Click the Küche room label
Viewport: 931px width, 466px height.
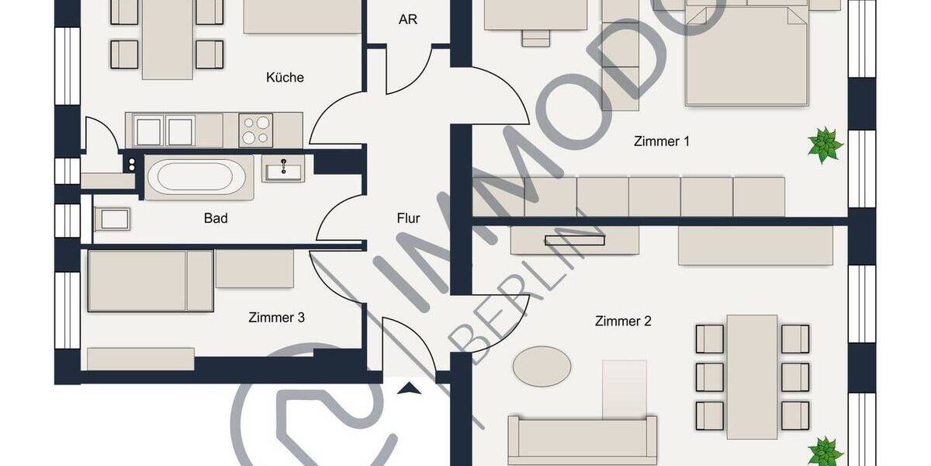click(285, 78)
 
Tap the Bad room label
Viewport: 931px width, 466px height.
click(216, 218)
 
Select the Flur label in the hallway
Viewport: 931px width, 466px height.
click(408, 218)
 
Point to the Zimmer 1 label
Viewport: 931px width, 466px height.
click(662, 141)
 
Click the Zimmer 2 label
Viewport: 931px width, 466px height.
click(623, 321)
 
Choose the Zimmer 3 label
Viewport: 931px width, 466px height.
click(276, 317)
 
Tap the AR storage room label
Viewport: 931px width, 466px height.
click(408, 19)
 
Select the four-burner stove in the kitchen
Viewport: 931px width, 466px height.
click(256, 130)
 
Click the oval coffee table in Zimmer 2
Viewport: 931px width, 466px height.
click(542, 366)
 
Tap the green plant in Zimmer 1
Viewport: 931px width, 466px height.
click(825, 145)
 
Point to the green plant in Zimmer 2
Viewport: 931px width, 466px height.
click(825, 451)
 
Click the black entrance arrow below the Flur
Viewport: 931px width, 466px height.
click(409, 388)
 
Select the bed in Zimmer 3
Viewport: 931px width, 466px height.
click(150, 280)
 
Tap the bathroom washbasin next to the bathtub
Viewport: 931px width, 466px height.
click(283, 168)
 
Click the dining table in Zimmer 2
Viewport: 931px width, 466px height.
click(752, 377)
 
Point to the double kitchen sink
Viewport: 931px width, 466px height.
click(164, 130)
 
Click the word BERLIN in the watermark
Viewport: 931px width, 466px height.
click(528, 295)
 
